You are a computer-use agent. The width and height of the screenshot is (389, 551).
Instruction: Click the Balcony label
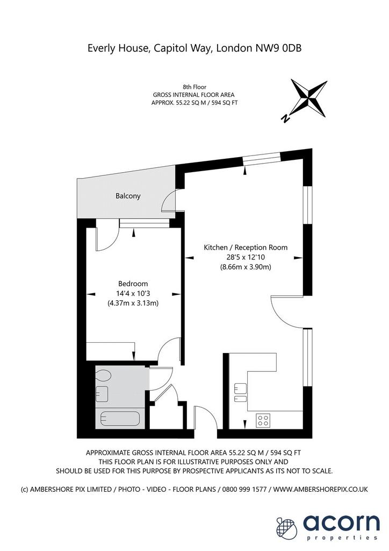pyautogui.click(x=128, y=196)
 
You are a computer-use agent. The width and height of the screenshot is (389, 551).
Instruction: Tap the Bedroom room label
pyautogui.click(x=133, y=284)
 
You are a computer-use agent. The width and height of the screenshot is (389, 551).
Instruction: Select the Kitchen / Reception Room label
pyautogui.click(x=246, y=248)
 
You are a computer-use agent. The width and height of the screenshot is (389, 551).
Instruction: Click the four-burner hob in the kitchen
pyautogui.click(x=263, y=420)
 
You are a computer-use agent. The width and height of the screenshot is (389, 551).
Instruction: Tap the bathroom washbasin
pyautogui.click(x=102, y=394)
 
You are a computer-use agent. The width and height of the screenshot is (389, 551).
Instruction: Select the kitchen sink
pyautogui.click(x=240, y=392)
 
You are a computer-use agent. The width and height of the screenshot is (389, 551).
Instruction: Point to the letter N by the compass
pyautogui.click(x=286, y=118)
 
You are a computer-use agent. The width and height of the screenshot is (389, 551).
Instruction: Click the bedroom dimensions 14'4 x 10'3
pyautogui.click(x=133, y=293)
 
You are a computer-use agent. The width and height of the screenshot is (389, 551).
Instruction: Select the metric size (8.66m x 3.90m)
pyautogui.click(x=246, y=267)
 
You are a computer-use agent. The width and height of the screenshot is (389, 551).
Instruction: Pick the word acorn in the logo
pyautogui.click(x=341, y=523)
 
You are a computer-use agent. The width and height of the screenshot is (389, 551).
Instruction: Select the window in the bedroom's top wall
pyautogui.click(x=144, y=223)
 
